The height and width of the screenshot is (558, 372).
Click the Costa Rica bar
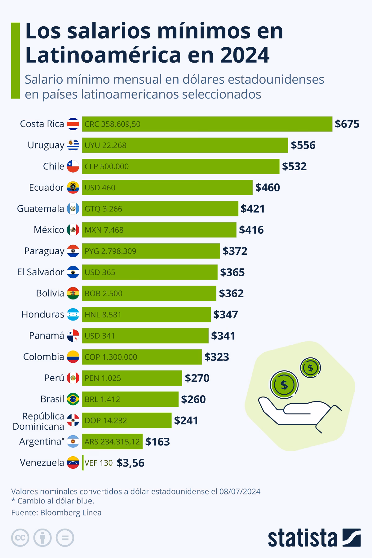(207, 124)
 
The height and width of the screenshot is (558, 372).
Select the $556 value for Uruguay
(303, 145)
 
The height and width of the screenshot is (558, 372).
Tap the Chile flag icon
(73, 166)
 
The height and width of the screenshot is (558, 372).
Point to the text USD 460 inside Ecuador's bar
(100, 188)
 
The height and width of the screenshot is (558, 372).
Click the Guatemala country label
(41, 209)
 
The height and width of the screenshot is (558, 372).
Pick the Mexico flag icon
(73, 230)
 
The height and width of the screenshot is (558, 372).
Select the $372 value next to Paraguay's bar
(235, 251)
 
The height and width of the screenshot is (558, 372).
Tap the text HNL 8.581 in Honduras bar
(103, 315)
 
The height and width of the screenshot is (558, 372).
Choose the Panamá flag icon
(73, 336)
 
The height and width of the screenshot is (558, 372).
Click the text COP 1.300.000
(111, 357)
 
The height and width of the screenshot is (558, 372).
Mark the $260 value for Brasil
(193, 399)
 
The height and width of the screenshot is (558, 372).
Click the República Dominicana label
(38, 421)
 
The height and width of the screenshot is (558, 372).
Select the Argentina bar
(112, 441)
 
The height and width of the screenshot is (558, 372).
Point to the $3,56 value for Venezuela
(131, 463)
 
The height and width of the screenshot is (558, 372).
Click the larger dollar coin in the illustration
(284, 385)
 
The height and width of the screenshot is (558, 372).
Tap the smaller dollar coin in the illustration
(310, 368)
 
